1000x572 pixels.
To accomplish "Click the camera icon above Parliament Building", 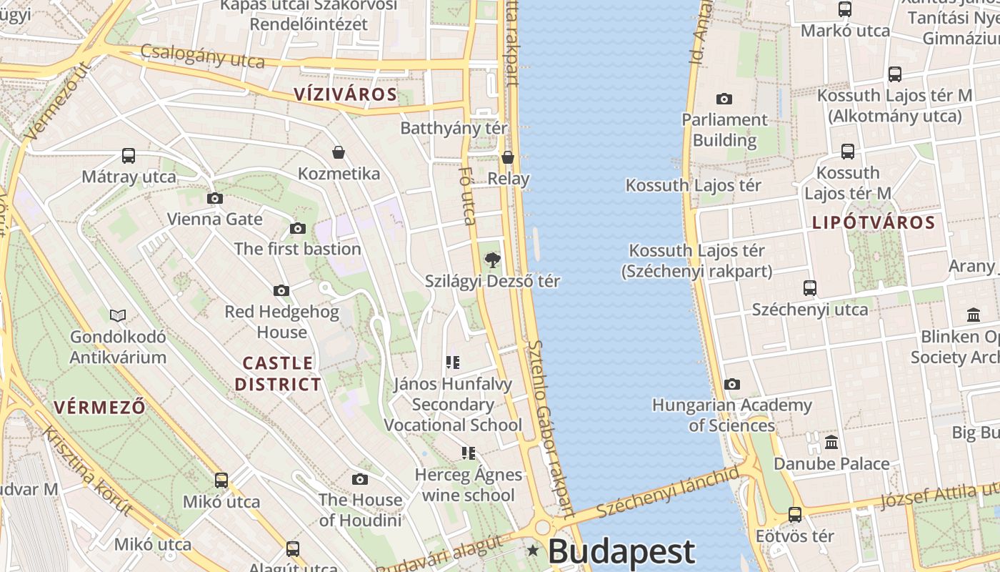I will click(724, 99).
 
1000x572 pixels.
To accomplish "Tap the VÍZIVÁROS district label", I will click(346, 94).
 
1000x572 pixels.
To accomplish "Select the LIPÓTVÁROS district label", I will click(874, 222).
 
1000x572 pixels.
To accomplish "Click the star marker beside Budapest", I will click(533, 551).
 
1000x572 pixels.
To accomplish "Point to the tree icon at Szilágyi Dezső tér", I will click(492, 260).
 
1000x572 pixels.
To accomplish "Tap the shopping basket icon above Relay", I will click(508, 157).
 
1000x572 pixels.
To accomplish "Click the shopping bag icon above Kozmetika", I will click(339, 152).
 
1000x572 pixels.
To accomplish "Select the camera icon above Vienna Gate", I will click(214, 198).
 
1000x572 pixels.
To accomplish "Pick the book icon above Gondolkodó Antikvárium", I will click(118, 315).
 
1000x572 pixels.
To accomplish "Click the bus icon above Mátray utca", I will click(129, 156).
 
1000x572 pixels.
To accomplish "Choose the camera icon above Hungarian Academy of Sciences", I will click(731, 385).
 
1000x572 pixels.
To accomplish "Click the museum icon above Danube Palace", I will click(831, 443).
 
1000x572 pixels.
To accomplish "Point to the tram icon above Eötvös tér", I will click(795, 515).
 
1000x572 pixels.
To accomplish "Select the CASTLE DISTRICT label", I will click(278, 373).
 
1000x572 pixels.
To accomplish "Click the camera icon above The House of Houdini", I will click(360, 479).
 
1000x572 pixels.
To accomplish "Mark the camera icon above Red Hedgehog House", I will click(281, 290).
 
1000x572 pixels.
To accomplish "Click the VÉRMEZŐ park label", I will click(100, 408).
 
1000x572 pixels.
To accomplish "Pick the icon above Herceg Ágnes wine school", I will click(468, 453).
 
